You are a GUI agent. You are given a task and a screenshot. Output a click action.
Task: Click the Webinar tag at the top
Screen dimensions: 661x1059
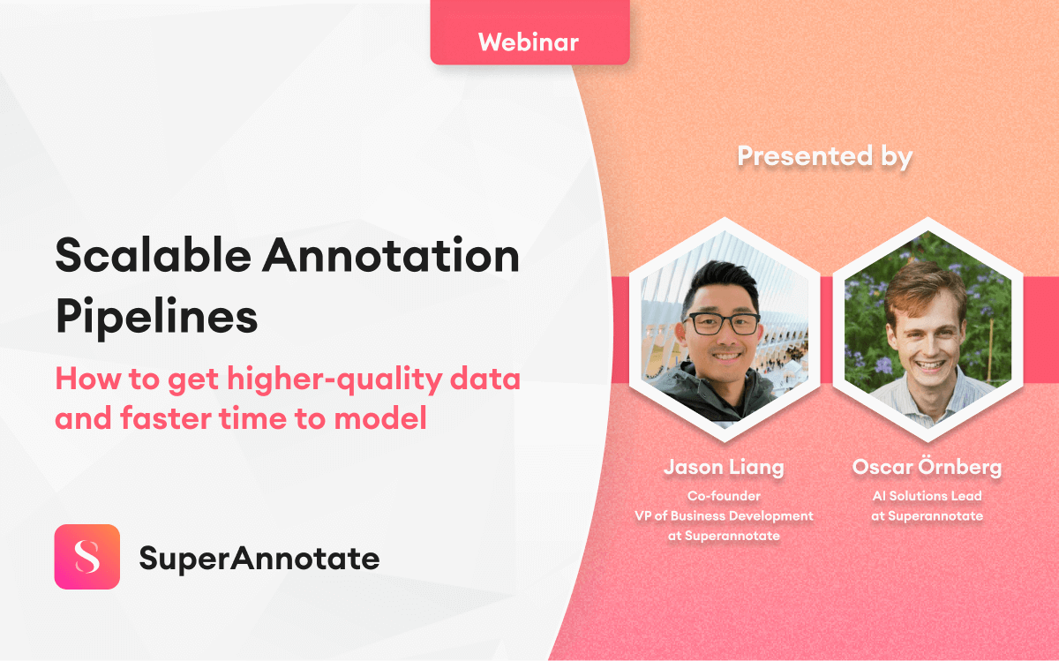(529, 41)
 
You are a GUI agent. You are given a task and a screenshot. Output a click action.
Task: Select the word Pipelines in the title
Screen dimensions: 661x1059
(156, 316)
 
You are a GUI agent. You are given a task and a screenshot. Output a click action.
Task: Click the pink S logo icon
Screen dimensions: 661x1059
(86, 557)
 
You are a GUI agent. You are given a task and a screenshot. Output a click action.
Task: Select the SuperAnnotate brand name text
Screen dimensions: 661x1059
(259, 558)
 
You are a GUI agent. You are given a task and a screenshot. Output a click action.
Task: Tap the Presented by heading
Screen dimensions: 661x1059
(824, 156)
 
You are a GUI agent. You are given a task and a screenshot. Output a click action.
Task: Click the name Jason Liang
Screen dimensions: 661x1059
(724, 467)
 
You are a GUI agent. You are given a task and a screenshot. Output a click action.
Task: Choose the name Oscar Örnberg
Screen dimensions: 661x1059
(927, 467)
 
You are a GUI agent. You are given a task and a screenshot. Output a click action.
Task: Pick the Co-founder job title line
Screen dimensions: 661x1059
(724, 496)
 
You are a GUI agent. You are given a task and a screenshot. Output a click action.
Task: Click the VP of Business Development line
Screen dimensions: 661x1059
(724, 515)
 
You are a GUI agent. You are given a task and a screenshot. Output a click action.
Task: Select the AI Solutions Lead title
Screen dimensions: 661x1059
(927, 496)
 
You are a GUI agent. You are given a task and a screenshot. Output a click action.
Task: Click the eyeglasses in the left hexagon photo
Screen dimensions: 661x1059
(722, 324)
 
